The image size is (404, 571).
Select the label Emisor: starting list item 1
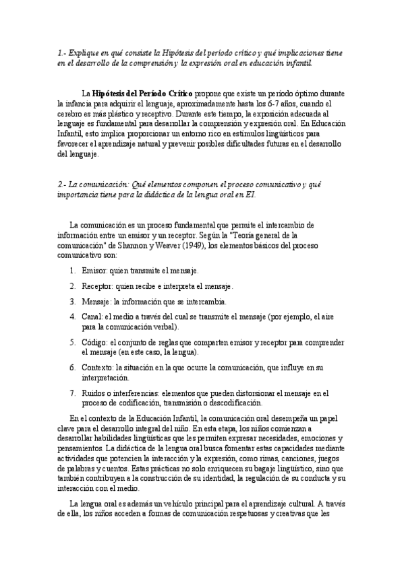(96, 271)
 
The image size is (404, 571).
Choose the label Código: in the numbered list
(96, 342)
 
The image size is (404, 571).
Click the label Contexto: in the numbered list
(98, 368)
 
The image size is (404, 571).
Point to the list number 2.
(71, 286)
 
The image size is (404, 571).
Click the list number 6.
(71, 368)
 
